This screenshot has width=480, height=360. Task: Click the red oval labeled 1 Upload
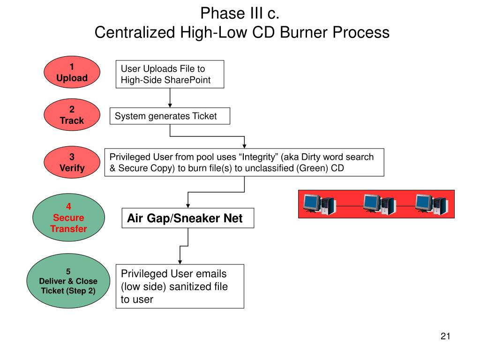pos(72,72)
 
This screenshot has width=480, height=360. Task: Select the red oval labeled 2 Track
pos(72,115)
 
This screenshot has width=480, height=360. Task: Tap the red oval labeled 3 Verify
pos(72,162)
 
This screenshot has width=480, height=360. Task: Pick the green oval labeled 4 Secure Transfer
pos(68,217)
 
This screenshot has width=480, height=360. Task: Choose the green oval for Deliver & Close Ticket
pos(68,281)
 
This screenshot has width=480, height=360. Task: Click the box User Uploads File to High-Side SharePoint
pos(170,74)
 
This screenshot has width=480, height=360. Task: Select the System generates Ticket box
pos(170,116)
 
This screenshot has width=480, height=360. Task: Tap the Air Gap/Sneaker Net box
pos(188,218)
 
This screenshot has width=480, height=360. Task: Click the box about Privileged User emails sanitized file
pos(180,286)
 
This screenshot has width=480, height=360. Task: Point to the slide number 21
pos(445,336)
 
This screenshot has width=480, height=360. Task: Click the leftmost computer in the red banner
pos(319,204)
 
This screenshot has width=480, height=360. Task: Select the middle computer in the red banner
pos(379,204)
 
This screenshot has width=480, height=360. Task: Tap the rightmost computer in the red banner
pos(432,204)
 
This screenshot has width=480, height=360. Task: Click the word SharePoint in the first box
pos(189,80)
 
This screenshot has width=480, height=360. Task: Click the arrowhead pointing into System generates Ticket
pos(170,105)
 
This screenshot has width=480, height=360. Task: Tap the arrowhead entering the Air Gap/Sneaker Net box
pos(188,206)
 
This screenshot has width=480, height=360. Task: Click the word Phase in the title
pos(223,14)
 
